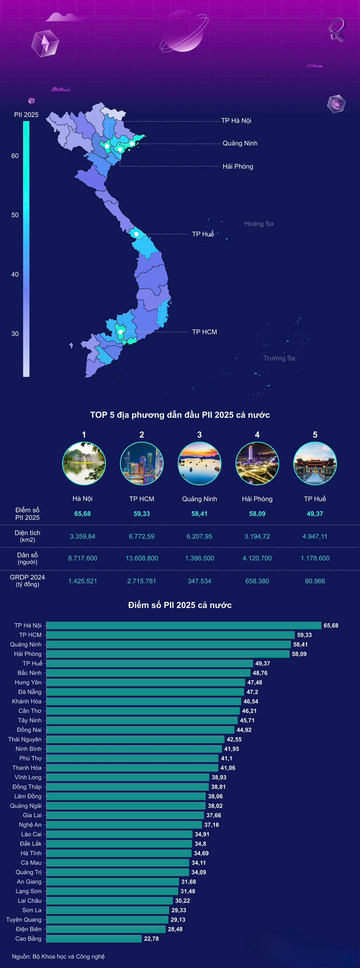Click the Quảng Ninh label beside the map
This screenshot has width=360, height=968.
pyautogui.click(x=240, y=143)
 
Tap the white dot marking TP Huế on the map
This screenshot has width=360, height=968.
pyautogui.click(x=136, y=234)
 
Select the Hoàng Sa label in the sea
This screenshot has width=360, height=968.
pyautogui.click(x=259, y=224)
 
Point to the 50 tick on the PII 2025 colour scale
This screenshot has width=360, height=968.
pyautogui.click(x=15, y=215)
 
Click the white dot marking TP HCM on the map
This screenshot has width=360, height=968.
pyautogui.click(x=121, y=332)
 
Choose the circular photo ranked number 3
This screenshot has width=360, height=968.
pyautogui.click(x=199, y=464)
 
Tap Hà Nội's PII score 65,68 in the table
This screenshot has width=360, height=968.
pyautogui.click(x=82, y=514)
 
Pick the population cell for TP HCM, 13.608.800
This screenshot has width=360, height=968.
pyautogui.click(x=142, y=558)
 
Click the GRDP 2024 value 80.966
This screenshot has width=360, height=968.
pyautogui.click(x=315, y=581)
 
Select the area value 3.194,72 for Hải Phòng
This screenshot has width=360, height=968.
pyautogui.click(x=257, y=537)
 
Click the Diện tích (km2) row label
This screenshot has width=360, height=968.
pyautogui.click(x=27, y=536)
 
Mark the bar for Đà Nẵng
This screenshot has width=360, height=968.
pyautogui.click(x=145, y=692)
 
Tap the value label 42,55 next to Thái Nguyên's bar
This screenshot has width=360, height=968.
pyautogui.click(x=234, y=739)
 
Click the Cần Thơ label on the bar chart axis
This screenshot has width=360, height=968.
pyautogui.click(x=30, y=711)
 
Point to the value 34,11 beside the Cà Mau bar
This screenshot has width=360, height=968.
pyautogui.click(x=199, y=863)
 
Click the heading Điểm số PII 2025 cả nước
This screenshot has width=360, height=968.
pyautogui.click(x=180, y=605)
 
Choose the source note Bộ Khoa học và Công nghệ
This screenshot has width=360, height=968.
pyautogui.click(x=58, y=956)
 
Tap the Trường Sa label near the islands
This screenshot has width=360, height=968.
pyautogui.click(x=279, y=358)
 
